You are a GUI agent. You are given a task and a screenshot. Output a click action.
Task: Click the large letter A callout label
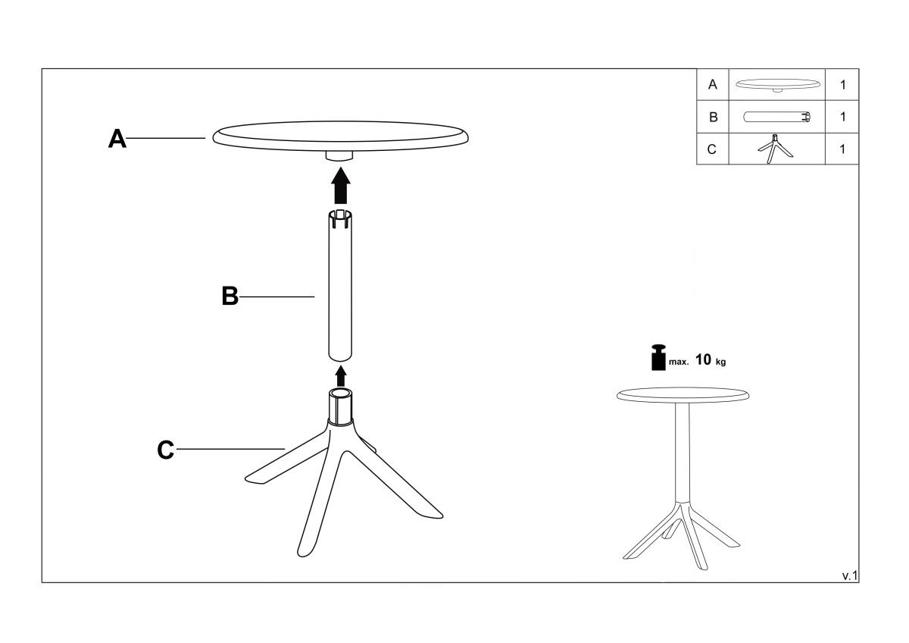point(117,139)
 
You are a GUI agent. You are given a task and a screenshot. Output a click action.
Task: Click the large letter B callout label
point(230,296)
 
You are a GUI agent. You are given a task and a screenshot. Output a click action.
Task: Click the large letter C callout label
point(166,450)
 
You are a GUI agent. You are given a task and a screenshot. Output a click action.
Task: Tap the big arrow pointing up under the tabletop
point(341,185)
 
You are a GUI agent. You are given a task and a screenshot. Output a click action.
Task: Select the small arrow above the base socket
point(341,376)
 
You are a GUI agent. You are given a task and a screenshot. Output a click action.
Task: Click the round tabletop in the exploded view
point(340,136)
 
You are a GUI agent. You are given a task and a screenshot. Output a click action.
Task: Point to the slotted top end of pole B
point(340,219)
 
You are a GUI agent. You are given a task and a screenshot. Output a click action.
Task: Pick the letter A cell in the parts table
point(712,84)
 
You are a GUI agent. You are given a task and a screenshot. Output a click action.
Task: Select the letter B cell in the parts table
point(713,117)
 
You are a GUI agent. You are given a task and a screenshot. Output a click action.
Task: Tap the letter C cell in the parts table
point(712,149)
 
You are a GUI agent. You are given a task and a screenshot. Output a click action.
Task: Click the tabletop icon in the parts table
point(777,85)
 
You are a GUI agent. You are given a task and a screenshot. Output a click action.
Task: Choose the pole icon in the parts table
point(777,117)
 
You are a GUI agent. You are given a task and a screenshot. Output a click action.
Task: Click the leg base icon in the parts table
point(775,149)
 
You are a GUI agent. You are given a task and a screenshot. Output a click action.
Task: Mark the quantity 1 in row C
point(842,149)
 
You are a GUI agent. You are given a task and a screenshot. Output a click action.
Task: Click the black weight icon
point(658,357)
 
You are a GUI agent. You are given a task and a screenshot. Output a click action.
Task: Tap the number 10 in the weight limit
point(703,359)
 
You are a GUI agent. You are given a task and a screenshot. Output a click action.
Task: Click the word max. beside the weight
point(679,362)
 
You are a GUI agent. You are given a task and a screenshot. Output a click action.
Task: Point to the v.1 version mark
point(850,576)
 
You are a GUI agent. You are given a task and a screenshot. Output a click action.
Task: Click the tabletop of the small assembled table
point(683,395)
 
